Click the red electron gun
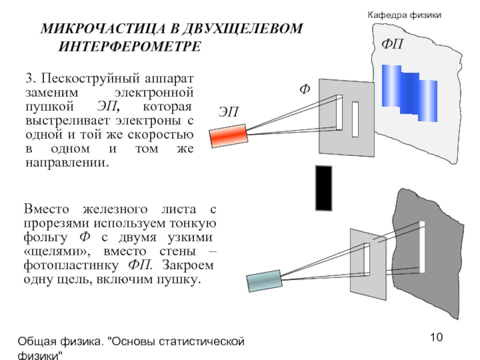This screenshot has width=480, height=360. (x=227, y=135)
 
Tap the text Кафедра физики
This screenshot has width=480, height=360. (x=404, y=14)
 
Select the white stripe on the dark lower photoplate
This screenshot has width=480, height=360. (x=422, y=246)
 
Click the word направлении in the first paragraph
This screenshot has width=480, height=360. (x=67, y=163)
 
